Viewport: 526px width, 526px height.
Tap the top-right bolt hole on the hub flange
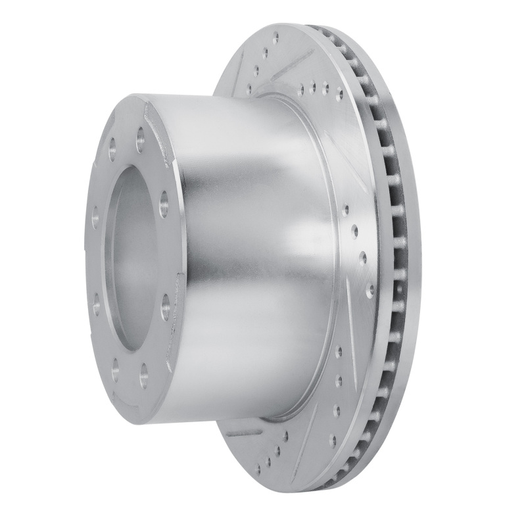tap(141, 139)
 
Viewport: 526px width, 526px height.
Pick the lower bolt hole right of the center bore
tap(165, 306)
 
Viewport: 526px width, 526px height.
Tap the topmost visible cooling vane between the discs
tap(322, 33)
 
